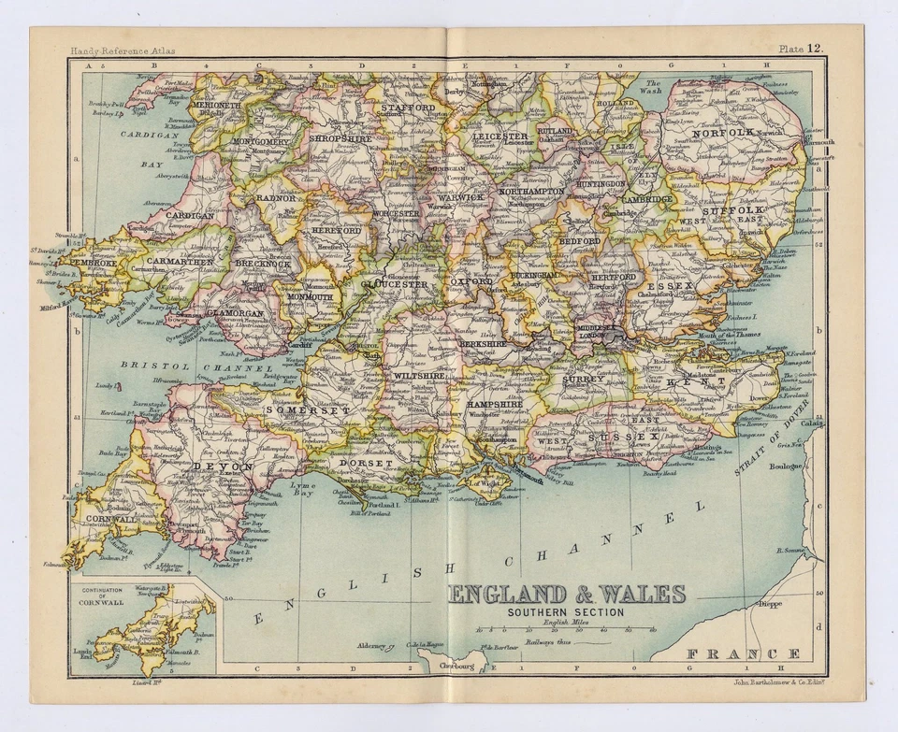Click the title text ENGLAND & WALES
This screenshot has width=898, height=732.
tap(567, 595)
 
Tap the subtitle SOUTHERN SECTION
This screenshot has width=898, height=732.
tap(566, 612)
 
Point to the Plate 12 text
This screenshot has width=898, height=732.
tap(802, 48)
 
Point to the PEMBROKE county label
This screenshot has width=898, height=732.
tap(91, 264)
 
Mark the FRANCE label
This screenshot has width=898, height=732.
tap(744, 653)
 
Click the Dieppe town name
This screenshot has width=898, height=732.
tap(769, 604)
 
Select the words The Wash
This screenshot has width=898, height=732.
tap(653, 88)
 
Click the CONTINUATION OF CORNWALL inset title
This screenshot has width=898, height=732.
tap(102, 596)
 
